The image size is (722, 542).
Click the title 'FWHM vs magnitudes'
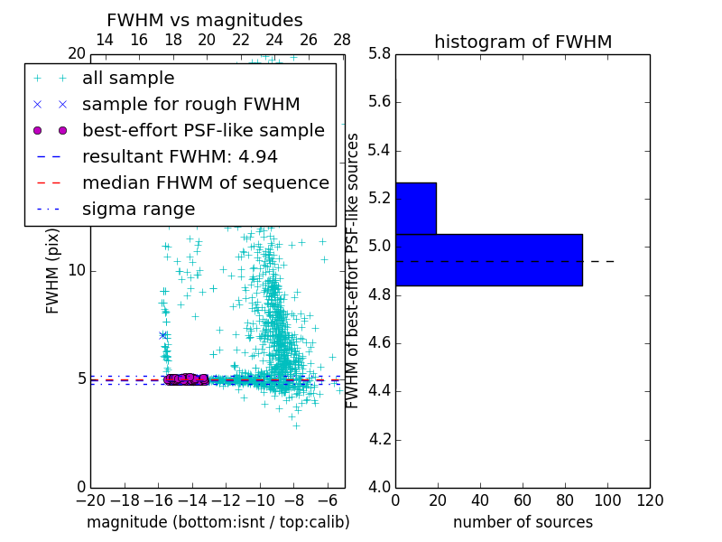pos(205,21)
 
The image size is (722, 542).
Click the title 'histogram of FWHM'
pos(523,42)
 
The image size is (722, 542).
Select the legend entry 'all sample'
pos(128,79)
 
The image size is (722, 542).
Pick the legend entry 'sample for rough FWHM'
pos(190,105)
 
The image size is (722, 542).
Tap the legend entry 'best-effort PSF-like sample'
pos(203,131)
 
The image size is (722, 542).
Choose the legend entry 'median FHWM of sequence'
pos(205,183)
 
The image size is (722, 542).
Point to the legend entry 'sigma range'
pos(138,210)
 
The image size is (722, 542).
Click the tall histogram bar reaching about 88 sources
pos(488,259)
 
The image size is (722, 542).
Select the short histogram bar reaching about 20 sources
pos(415,208)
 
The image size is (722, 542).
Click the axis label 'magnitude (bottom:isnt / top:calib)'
pos(218,522)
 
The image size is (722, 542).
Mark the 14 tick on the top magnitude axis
pos(105,40)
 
